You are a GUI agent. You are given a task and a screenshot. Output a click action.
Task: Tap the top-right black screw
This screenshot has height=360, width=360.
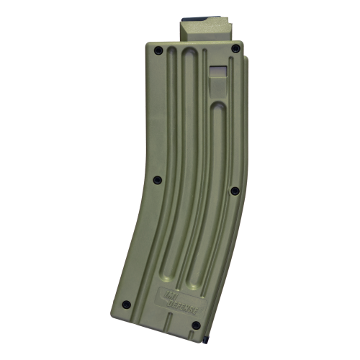[x=235, y=48]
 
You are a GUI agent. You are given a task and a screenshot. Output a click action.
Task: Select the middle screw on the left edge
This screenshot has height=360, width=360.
[x=158, y=179]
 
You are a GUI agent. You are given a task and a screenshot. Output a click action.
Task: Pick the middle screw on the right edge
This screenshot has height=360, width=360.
[x=234, y=191]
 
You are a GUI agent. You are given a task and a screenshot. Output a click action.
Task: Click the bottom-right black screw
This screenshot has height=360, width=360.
[x=196, y=325]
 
